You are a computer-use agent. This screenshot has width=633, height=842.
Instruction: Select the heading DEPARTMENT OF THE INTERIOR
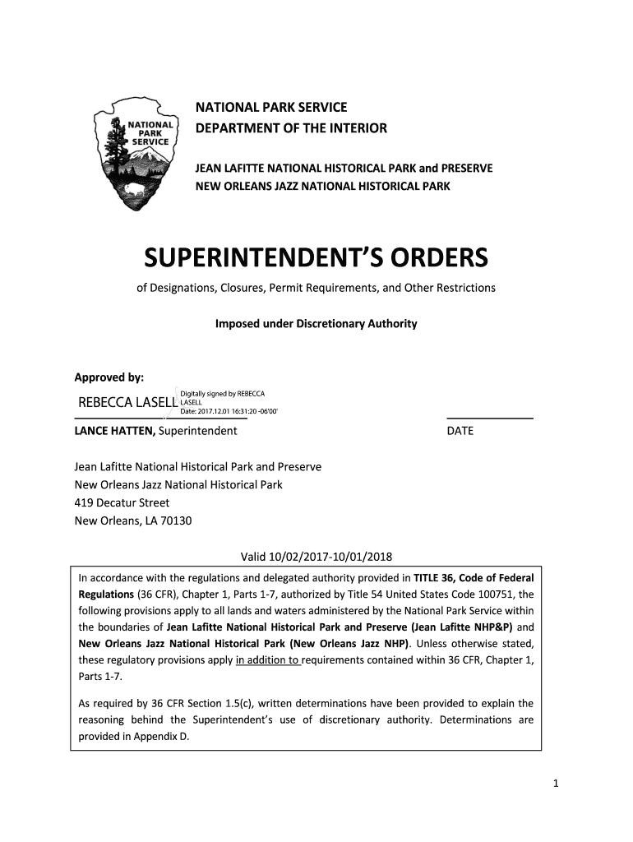(290, 128)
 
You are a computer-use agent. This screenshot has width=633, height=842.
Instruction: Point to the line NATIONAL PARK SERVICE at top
(270, 108)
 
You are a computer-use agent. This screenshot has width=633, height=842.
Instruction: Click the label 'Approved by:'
(109, 377)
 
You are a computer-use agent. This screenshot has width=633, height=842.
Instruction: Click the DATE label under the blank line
(460, 431)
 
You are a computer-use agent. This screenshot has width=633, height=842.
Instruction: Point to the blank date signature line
(489, 419)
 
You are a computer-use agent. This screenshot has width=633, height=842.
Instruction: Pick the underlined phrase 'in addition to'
(268, 659)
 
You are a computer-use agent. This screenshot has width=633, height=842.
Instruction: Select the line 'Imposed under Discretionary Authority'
(316, 324)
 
